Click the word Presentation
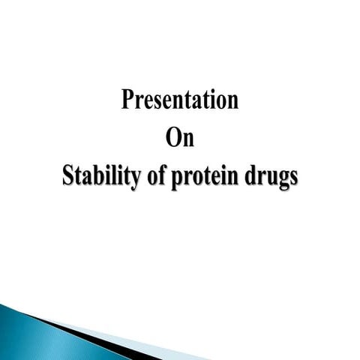pyautogui.click(x=180, y=100)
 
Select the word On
pyautogui.click(x=180, y=139)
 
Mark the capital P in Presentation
pyautogui.click(x=127, y=100)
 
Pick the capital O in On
pyautogui.click(x=172, y=139)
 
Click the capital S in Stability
pyautogui.click(x=68, y=178)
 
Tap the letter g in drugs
pyautogui.click(x=280, y=182)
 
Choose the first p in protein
pyautogui.click(x=176, y=182)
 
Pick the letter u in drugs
pyautogui.click(x=268, y=181)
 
